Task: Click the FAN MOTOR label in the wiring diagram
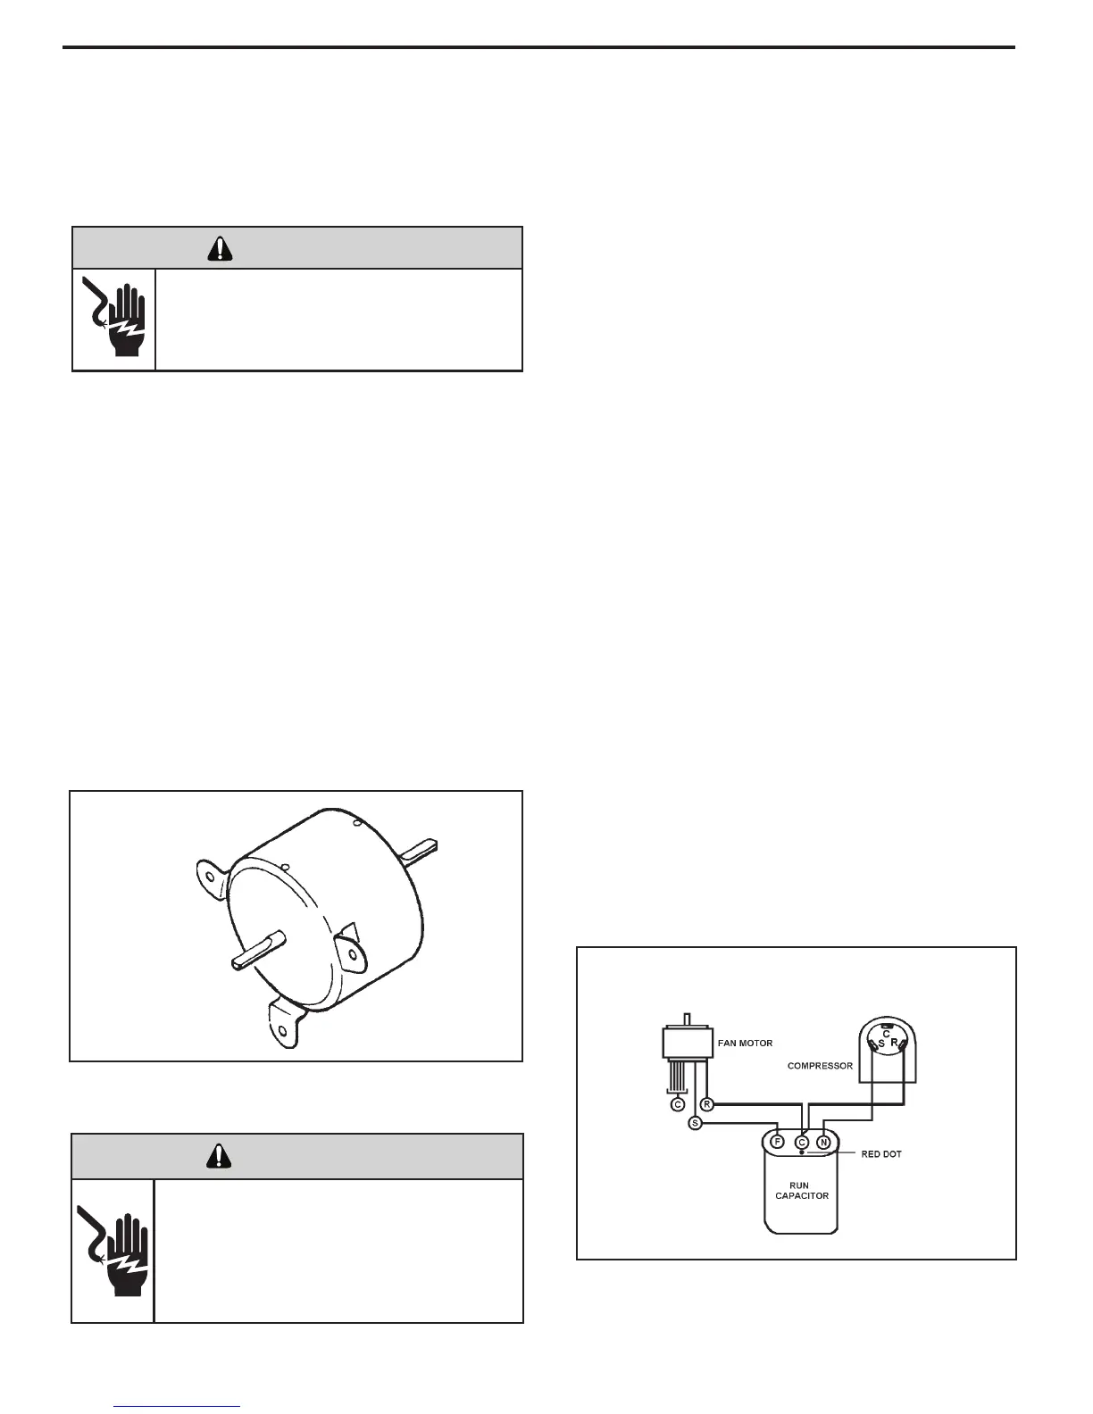(745, 1043)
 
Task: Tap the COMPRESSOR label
(820, 1066)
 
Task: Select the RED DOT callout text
(881, 1154)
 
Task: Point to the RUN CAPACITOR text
(801, 1191)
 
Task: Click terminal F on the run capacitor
(778, 1142)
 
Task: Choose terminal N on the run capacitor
(824, 1142)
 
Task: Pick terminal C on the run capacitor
(802, 1142)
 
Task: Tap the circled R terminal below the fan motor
(706, 1104)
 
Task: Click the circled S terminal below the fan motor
(695, 1123)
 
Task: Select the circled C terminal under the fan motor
(678, 1104)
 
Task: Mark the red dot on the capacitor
(802, 1153)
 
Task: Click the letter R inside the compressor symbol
(894, 1042)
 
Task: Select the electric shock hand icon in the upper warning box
(113, 319)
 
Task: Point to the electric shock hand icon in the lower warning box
(113, 1250)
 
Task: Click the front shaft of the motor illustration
(257, 949)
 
